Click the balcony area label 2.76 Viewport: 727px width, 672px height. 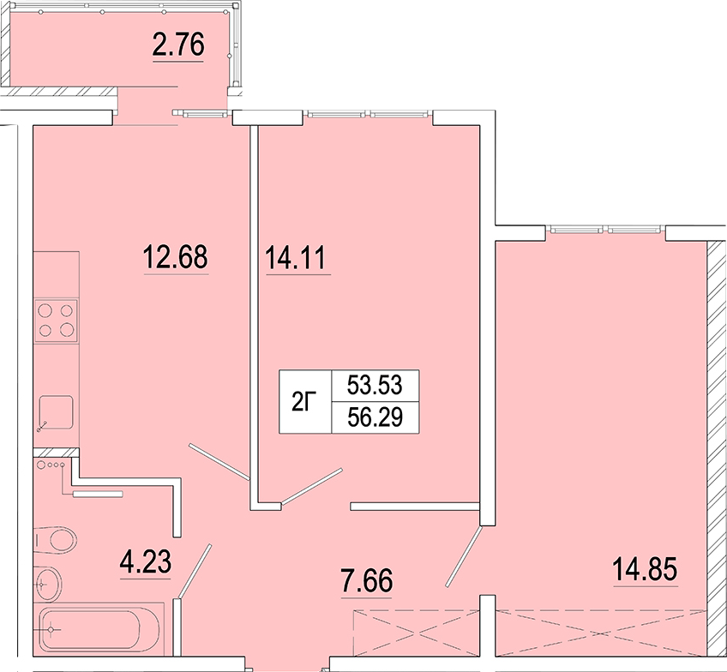point(178,45)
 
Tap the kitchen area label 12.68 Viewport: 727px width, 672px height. point(176,257)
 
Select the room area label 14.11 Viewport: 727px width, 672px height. point(296,258)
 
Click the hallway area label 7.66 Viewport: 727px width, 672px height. point(367,580)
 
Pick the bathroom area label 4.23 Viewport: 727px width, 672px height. point(146,561)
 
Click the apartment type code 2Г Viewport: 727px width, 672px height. point(304,401)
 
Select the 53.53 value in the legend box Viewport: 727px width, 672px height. point(376,385)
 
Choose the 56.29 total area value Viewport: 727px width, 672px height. point(376,417)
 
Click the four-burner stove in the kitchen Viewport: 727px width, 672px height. point(56,321)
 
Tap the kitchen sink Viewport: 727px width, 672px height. point(56,412)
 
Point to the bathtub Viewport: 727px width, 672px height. point(99,630)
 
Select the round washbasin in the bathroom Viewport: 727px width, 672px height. point(48,584)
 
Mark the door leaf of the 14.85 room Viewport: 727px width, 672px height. point(464,556)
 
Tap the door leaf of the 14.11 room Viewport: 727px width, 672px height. point(312,486)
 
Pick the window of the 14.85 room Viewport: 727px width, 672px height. point(605,230)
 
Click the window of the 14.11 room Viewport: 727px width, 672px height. point(368,113)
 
